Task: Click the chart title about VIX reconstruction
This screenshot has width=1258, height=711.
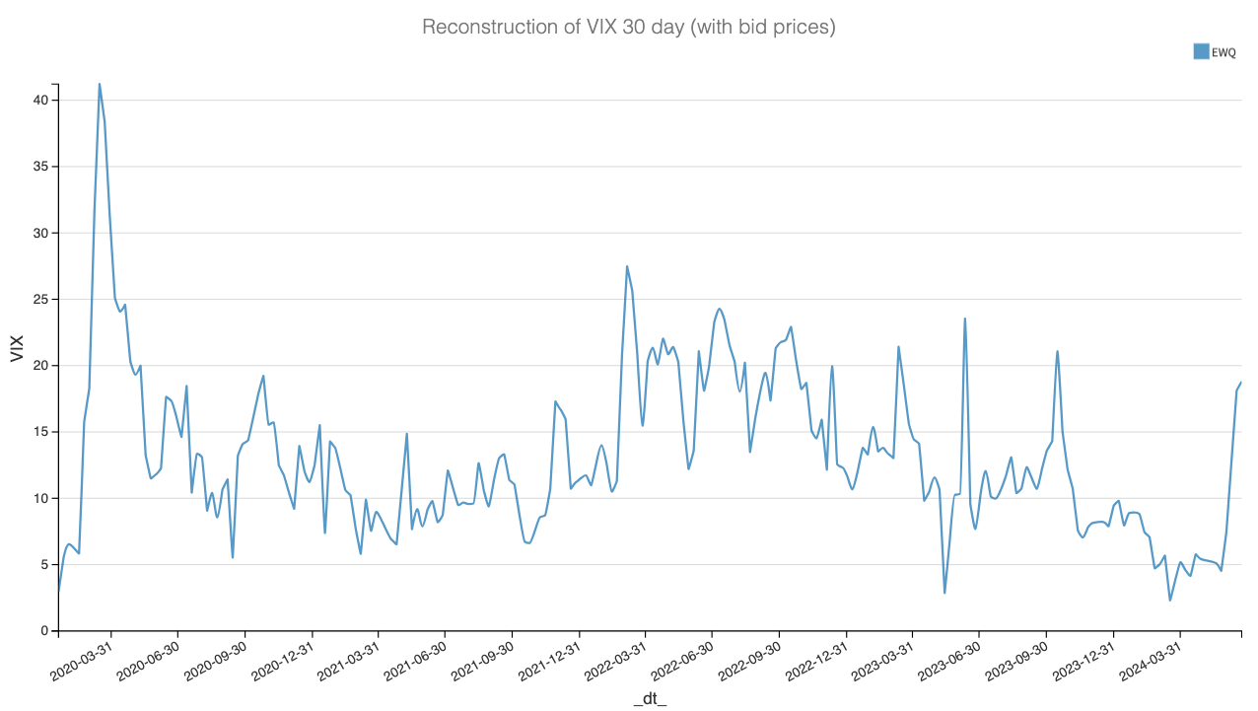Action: pyautogui.click(x=628, y=27)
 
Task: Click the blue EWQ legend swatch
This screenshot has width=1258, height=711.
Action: pyautogui.click(x=1201, y=51)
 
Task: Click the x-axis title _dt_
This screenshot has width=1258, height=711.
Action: pyautogui.click(x=650, y=698)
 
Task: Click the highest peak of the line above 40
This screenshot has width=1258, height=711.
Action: pyautogui.click(x=100, y=84)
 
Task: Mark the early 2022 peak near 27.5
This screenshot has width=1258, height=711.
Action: pyautogui.click(x=627, y=266)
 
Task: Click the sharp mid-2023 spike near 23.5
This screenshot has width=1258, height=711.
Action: pyautogui.click(x=965, y=319)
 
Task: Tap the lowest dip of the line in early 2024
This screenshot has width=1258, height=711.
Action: pyautogui.click(x=1170, y=600)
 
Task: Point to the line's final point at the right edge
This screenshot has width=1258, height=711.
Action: pyautogui.click(x=1240, y=382)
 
